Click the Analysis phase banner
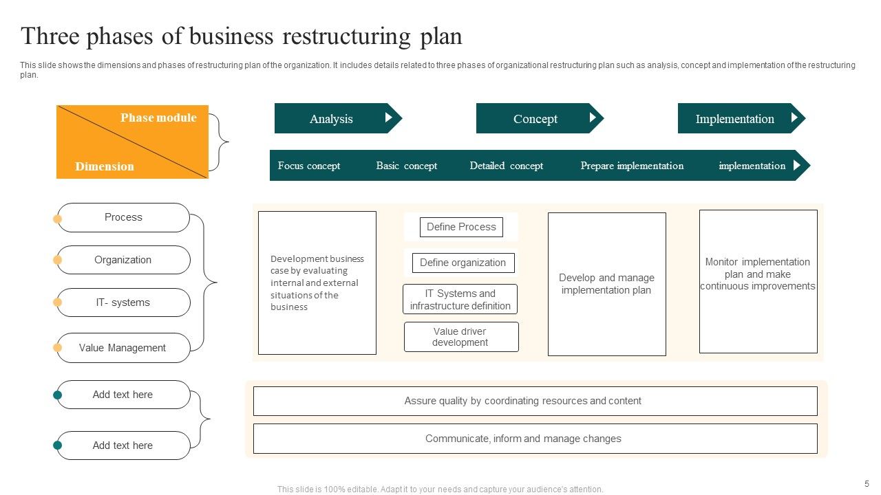click(331, 118)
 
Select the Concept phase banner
click(535, 118)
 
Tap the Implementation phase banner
click(734, 118)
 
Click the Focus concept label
click(309, 166)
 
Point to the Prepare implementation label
click(632, 166)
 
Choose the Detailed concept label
click(506, 166)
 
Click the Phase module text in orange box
click(158, 118)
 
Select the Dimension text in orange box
click(105, 166)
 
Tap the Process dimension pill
click(123, 217)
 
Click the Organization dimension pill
click(123, 260)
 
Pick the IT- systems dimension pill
click(123, 302)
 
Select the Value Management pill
click(123, 348)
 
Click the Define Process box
click(461, 227)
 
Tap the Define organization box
click(463, 263)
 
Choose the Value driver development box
click(460, 337)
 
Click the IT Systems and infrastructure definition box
click(460, 300)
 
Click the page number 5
click(867, 483)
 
